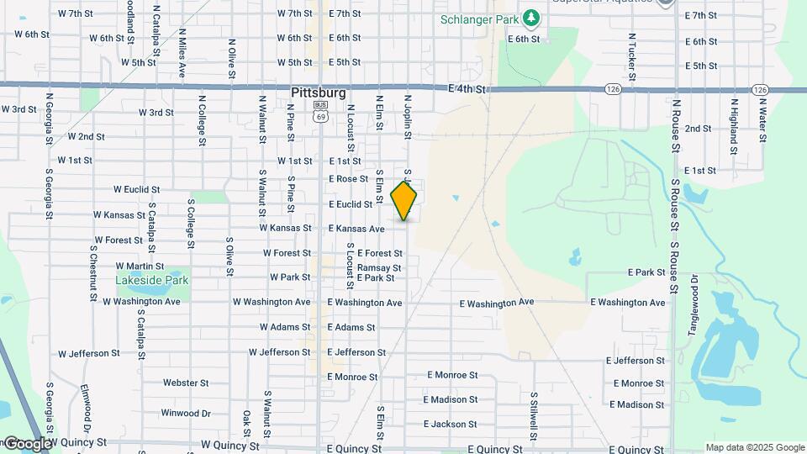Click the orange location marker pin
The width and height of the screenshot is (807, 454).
[x=404, y=202]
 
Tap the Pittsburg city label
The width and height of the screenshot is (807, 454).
[x=318, y=92]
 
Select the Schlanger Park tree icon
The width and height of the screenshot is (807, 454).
[x=530, y=17]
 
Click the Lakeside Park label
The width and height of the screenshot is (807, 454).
[x=153, y=280]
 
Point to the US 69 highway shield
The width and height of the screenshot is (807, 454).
[x=320, y=113]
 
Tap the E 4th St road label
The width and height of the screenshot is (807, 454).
[x=467, y=89]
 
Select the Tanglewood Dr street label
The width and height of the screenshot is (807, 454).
[x=694, y=305]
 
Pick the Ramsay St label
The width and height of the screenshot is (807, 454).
[x=379, y=268]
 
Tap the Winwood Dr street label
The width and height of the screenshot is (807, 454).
[x=186, y=413]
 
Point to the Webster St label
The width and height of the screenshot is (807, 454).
[x=186, y=383]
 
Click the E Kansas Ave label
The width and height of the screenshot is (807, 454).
[x=356, y=229]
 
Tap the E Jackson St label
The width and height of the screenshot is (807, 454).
[x=450, y=425]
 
